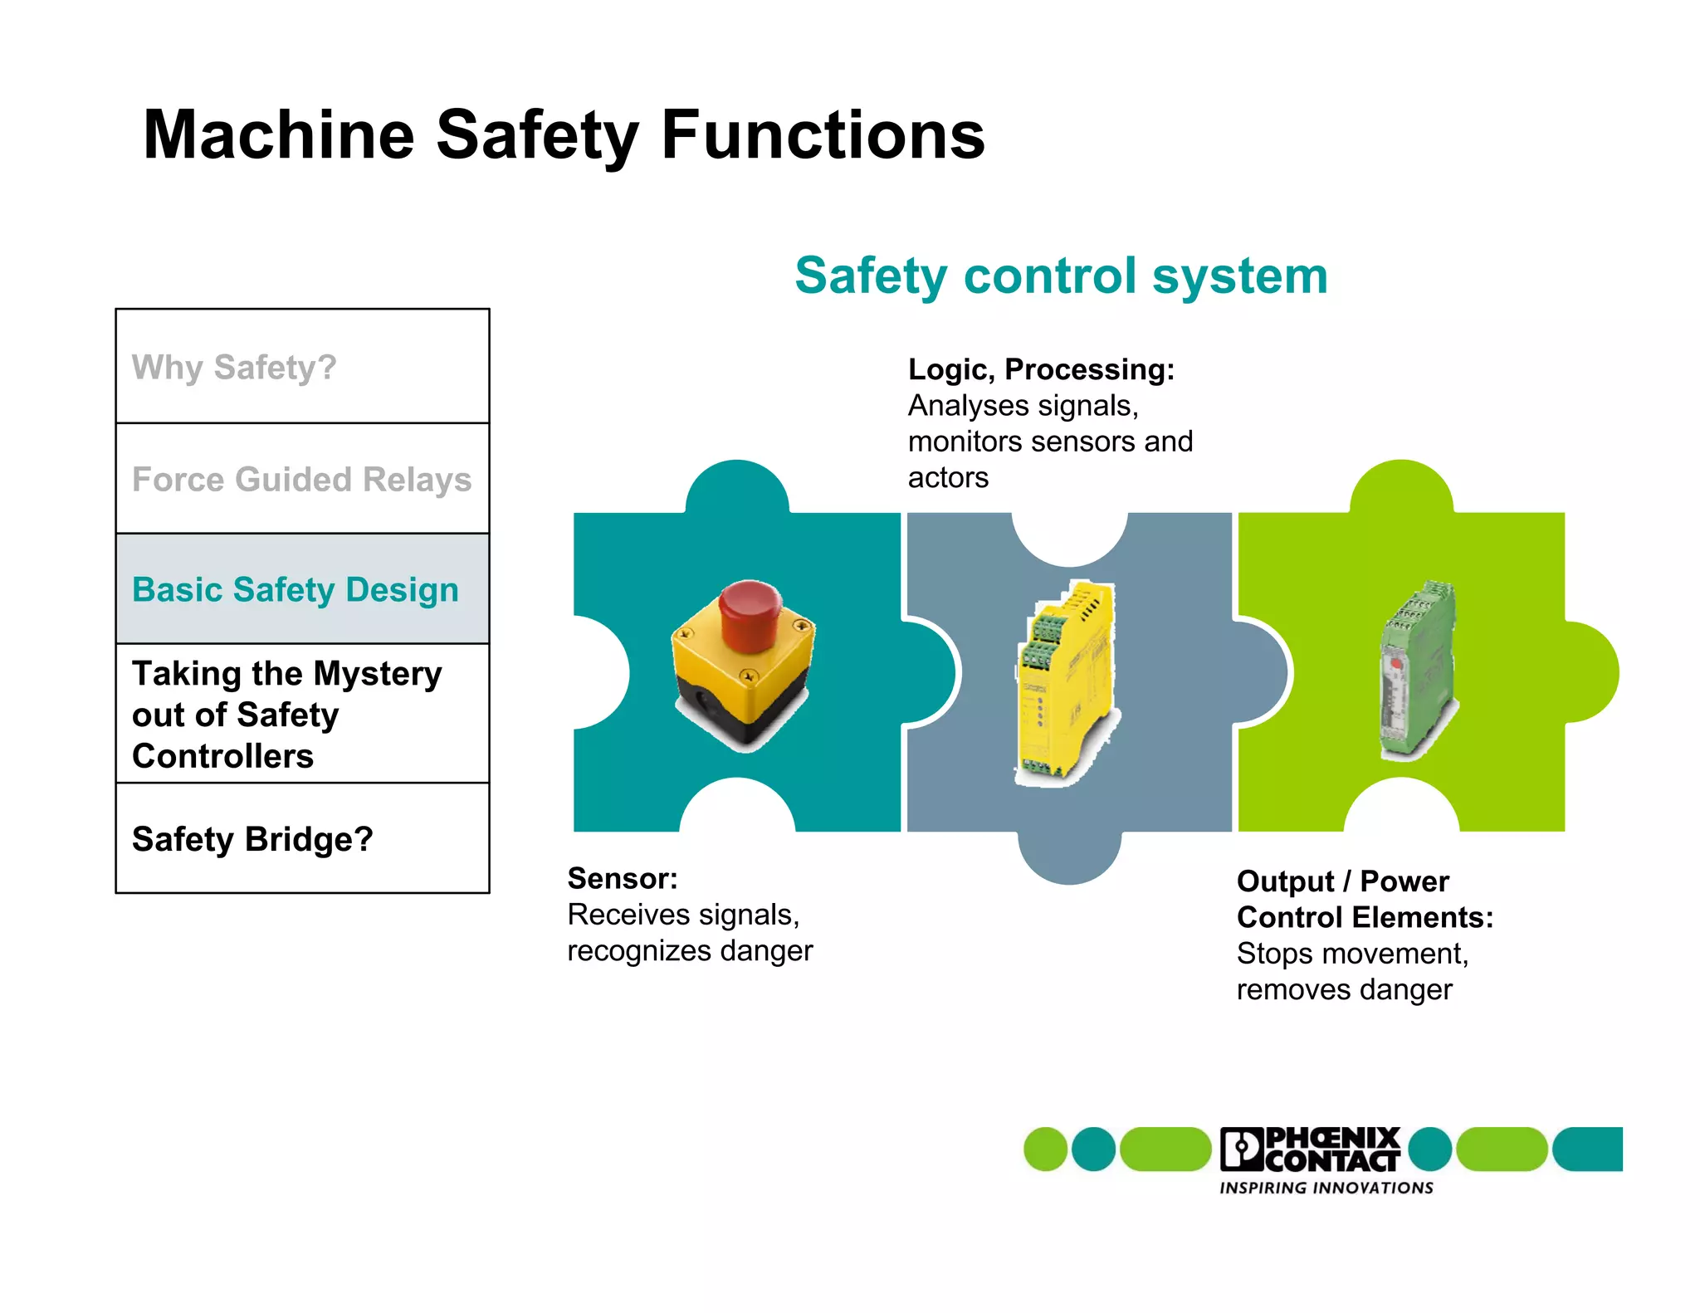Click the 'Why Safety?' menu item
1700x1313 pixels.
tap(235, 367)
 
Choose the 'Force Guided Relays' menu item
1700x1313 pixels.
tap(301, 480)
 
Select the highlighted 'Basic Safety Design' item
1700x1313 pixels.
tap(296, 590)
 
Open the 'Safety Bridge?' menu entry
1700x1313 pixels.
tap(252, 839)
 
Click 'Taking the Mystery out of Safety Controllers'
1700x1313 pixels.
tap(286, 715)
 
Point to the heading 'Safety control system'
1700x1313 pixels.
tap(1061, 276)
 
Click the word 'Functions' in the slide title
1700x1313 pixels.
tap(822, 135)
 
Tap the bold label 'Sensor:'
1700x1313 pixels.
tap(623, 878)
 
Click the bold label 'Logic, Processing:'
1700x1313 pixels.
tap(1041, 369)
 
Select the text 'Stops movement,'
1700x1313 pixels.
tap(1352, 954)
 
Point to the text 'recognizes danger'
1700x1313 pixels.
tap(690, 950)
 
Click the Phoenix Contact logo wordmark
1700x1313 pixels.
tap(1312, 1149)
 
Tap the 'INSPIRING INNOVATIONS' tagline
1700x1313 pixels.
tap(1326, 1189)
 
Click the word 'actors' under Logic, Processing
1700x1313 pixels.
tap(948, 478)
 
